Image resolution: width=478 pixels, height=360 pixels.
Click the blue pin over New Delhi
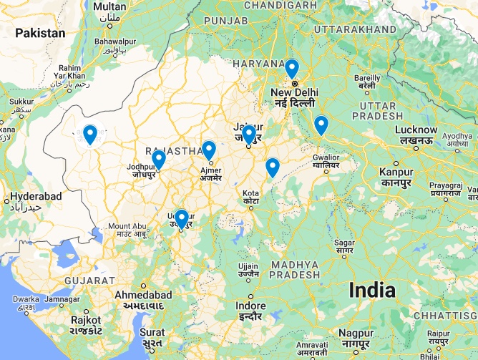coord(291,69)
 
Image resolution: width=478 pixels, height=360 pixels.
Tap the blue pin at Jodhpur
coord(159,159)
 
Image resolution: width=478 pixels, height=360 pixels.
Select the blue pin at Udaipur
coord(182,218)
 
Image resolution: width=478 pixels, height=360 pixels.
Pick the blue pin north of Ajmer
coord(209,150)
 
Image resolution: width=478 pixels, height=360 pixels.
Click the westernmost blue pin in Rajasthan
coord(90,134)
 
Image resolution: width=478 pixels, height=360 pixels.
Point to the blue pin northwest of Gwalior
coord(321,125)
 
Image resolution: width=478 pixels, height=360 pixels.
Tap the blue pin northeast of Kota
coord(272,167)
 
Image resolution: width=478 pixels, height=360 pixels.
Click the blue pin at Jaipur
coord(248,135)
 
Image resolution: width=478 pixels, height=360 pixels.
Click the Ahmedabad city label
coord(144,295)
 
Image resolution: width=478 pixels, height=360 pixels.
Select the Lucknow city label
coord(416,130)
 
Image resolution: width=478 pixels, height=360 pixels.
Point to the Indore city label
coord(250,306)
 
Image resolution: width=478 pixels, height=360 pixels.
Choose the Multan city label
coord(110,7)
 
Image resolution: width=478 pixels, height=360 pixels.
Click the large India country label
coord(371,290)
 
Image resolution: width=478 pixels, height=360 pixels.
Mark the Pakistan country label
coord(40,33)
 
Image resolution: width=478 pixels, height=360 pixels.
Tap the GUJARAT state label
coord(89,280)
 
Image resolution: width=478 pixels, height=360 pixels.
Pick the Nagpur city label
coord(356,334)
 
